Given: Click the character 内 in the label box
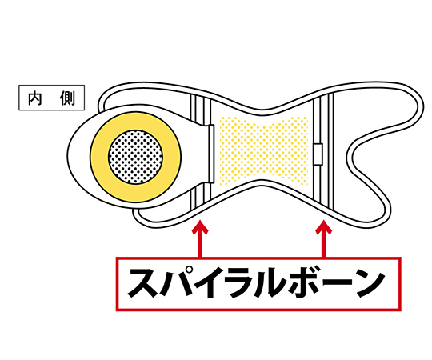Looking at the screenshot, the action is pyautogui.click(x=35, y=98).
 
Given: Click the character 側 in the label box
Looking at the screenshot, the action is pyautogui.click(x=67, y=98).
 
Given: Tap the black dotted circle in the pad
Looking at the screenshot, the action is pyautogui.click(x=135, y=157).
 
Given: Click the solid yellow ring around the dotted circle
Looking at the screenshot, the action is pyautogui.click(x=100, y=157).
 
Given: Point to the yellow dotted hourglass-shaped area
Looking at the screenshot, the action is pyautogui.click(x=264, y=150).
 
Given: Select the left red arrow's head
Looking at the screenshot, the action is pyautogui.click(x=200, y=226).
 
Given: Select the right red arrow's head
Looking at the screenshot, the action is pyautogui.click(x=324, y=226).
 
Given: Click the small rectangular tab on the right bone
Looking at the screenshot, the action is pyautogui.click(x=318, y=154).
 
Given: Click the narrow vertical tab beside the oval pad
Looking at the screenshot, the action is pyautogui.click(x=211, y=154).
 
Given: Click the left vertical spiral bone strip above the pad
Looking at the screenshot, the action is pyautogui.click(x=201, y=110).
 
